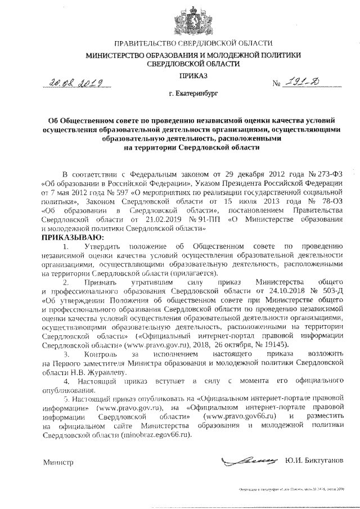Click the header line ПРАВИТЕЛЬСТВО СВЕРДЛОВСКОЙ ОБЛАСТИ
193,44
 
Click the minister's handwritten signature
250,461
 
